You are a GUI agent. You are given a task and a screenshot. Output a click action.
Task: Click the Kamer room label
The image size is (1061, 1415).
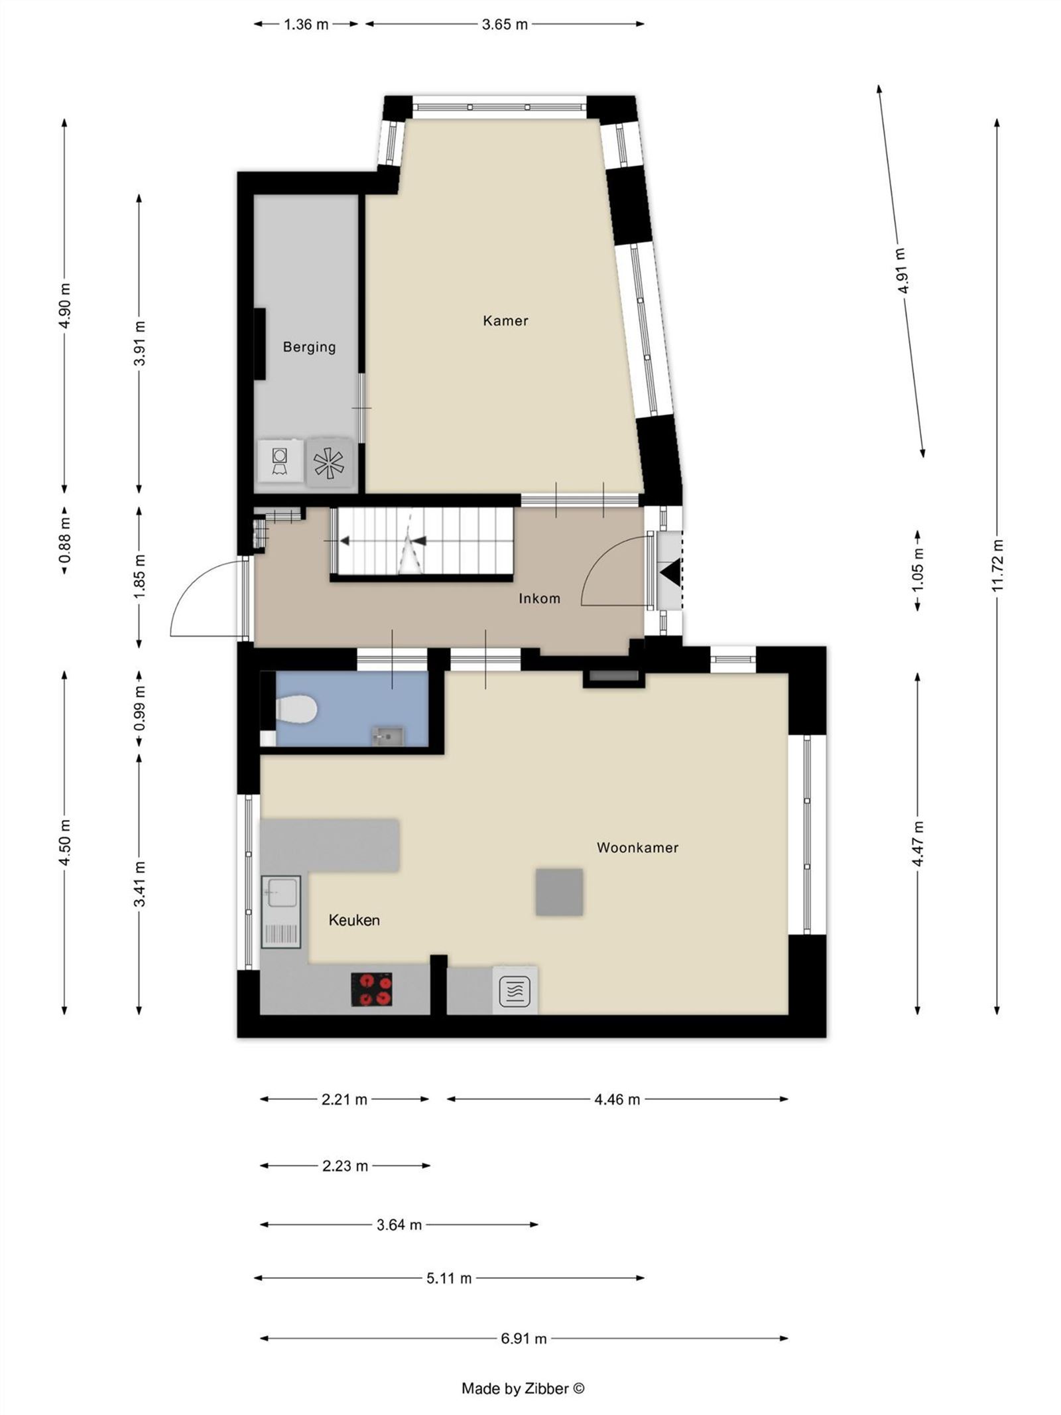505,321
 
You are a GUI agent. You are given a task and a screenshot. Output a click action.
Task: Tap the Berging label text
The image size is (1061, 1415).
309,347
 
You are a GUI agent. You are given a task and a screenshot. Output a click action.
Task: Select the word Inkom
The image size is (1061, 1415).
539,598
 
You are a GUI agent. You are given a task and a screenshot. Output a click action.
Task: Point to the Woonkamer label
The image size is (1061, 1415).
637,847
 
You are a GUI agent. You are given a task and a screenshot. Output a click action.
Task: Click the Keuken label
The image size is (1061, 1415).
354,920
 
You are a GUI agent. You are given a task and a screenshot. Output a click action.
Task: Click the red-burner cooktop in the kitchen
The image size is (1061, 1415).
371,989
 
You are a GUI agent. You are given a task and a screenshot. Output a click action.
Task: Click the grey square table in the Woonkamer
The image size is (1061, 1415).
559,892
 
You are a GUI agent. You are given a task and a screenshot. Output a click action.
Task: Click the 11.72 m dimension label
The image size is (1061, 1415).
998,565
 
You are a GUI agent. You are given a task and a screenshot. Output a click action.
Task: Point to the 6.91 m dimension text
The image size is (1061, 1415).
524,1339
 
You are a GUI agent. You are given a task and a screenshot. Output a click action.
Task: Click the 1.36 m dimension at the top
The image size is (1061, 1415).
306,25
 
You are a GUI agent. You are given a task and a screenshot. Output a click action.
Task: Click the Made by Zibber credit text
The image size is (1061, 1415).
523,1388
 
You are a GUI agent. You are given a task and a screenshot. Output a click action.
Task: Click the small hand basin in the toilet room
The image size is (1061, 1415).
387,735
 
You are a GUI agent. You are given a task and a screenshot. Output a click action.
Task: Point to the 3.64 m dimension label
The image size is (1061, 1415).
399,1225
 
